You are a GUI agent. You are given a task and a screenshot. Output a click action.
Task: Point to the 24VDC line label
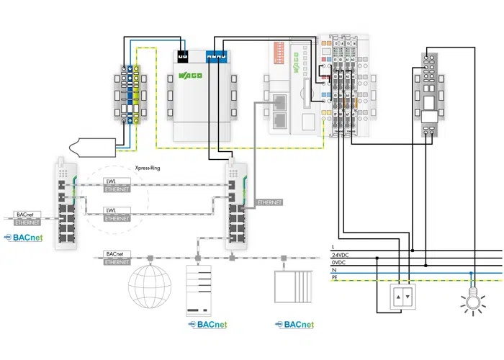[340, 256]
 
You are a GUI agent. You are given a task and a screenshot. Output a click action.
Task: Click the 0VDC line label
[338, 263]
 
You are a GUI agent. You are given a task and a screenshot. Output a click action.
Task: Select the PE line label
[334, 277]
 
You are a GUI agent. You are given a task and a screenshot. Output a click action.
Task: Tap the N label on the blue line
[333, 270]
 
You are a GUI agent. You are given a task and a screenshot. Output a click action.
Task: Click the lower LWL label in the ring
[111, 210]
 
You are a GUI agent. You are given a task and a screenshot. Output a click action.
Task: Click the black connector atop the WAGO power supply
[184, 54]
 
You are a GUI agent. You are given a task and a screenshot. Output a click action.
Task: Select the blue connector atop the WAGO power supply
[216, 54]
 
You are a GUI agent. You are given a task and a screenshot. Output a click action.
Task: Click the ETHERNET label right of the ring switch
[269, 202]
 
